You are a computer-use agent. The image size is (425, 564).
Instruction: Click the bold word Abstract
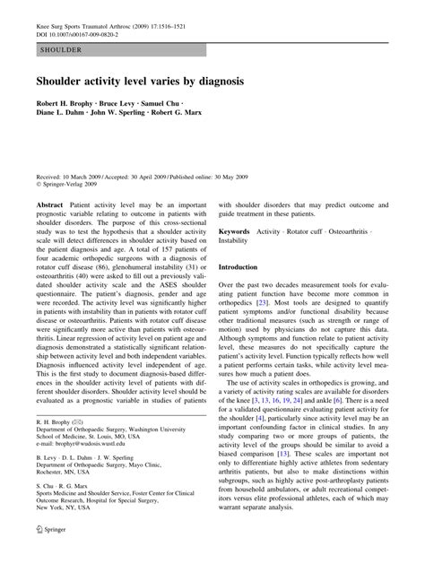coord(49,205)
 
